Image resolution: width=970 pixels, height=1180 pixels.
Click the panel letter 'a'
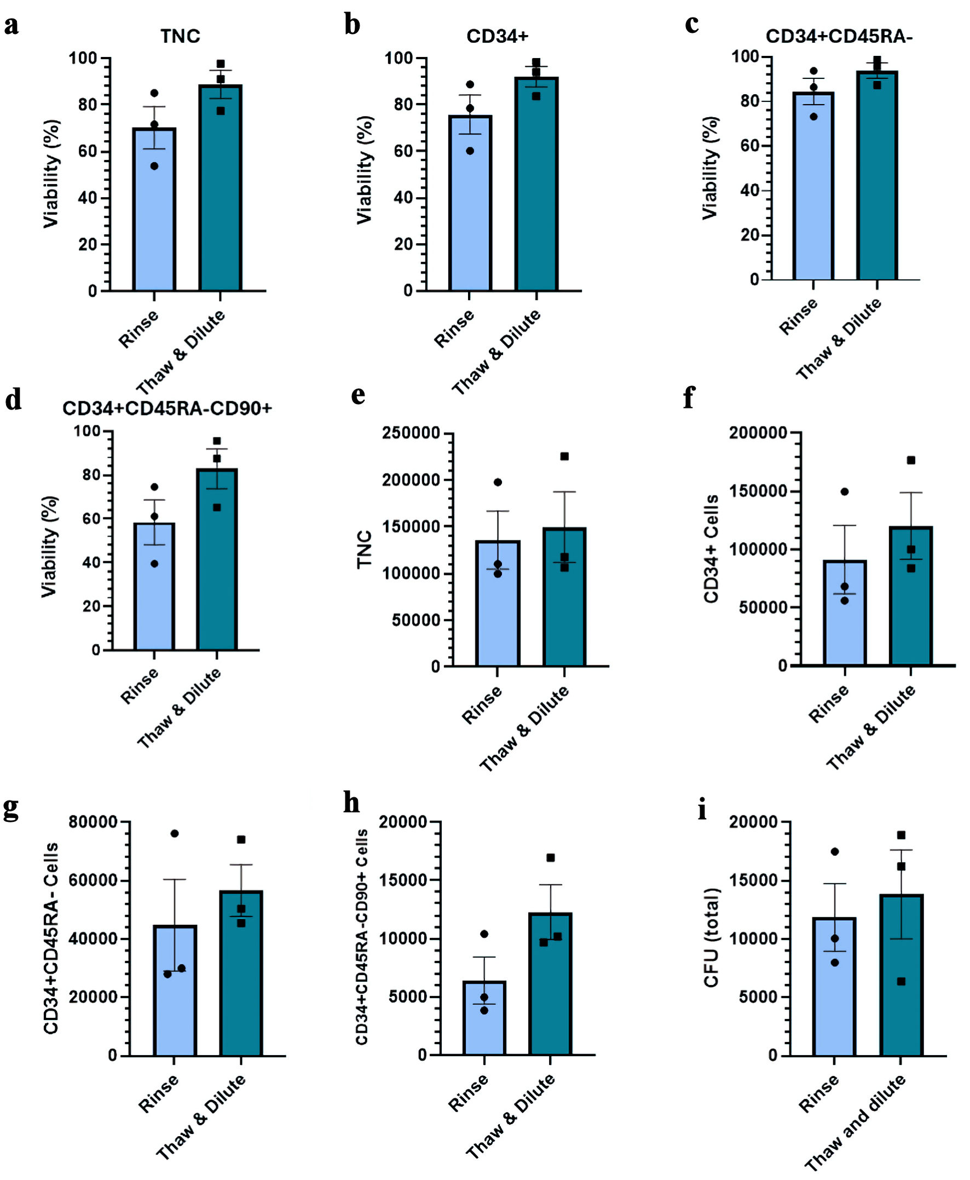(x=11, y=26)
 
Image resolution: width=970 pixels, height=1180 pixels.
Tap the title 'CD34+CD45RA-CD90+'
(x=167, y=408)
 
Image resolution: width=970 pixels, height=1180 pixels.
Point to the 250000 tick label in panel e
(x=411, y=433)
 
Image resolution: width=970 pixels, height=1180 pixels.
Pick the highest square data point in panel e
(x=564, y=457)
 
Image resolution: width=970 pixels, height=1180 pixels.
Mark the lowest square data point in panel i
(x=901, y=982)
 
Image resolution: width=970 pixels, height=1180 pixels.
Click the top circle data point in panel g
(x=174, y=833)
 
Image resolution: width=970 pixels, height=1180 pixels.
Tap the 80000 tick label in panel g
(x=93, y=822)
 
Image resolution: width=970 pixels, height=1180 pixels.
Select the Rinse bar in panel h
(x=484, y=1020)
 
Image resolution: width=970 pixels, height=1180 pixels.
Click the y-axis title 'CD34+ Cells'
(x=711, y=548)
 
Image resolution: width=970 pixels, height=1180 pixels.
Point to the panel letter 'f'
(x=690, y=398)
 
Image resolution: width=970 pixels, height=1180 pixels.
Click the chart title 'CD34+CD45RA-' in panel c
(x=839, y=36)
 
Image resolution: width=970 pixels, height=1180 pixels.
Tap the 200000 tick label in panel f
(x=758, y=433)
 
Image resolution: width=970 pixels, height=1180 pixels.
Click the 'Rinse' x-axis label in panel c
(x=798, y=317)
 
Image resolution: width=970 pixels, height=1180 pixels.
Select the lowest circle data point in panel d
(x=154, y=563)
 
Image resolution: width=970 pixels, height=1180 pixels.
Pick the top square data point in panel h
(x=550, y=857)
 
